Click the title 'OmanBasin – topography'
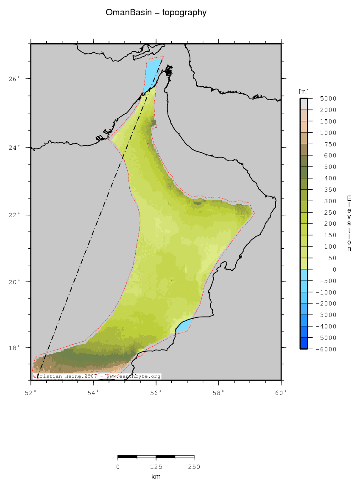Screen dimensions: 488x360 156,13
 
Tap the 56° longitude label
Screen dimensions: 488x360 156,393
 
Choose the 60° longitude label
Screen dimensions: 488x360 281,393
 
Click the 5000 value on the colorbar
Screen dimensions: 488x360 328,98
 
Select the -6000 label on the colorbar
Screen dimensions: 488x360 327,349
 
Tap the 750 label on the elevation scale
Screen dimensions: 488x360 329,144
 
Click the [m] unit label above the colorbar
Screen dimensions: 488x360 304,91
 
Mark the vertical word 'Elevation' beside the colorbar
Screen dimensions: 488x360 349,223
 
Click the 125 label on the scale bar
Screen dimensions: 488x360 156,467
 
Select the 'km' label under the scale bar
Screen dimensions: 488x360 156,477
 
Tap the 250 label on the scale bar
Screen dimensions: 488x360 194,467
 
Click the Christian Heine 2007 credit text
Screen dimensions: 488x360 97,376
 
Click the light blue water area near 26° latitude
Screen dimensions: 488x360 152,74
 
